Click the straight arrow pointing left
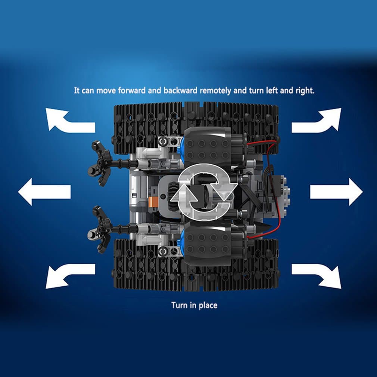click(44, 192)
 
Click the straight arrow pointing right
click(336, 192)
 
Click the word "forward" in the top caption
click(132, 91)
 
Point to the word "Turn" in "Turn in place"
click(180, 305)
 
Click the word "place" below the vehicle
click(208, 306)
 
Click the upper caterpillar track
click(196, 127)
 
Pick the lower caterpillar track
click(196, 265)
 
